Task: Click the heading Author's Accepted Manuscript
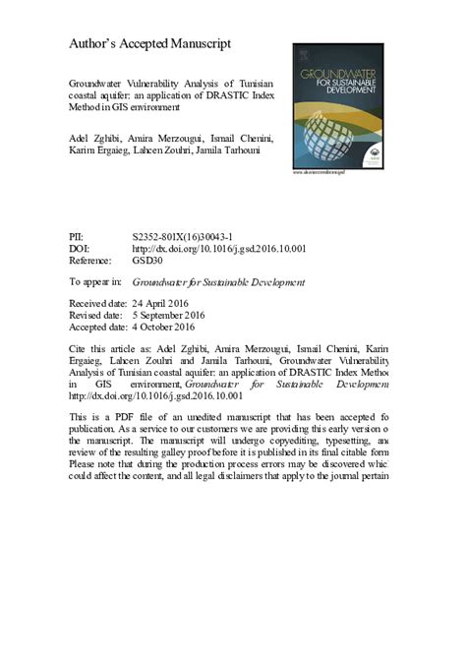(149, 44)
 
